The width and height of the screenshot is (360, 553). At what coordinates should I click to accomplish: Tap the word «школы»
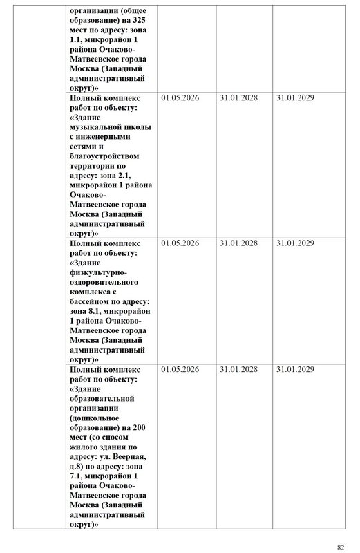click(x=139, y=128)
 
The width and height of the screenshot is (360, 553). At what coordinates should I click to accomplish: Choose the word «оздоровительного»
click(x=104, y=283)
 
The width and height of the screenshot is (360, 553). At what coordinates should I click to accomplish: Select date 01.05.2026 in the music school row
click(x=180, y=99)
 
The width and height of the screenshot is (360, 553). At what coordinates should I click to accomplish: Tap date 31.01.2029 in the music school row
click(x=295, y=99)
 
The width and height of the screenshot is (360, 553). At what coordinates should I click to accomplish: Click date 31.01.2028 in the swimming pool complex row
click(x=238, y=244)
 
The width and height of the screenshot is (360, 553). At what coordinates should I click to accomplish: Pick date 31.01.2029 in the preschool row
click(x=295, y=370)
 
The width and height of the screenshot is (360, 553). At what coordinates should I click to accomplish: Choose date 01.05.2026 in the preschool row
click(x=180, y=370)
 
